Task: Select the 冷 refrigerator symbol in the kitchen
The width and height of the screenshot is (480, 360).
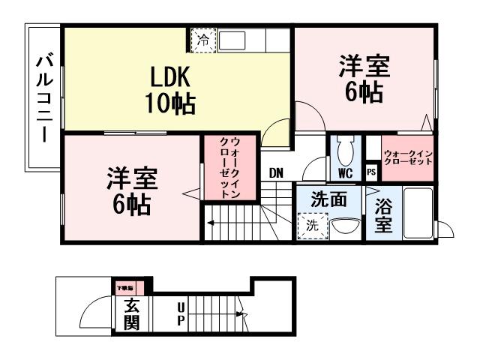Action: (x=202, y=40)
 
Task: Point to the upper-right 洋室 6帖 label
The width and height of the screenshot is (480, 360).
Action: (x=364, y=79)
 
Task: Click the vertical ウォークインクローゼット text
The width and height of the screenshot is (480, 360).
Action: (x=229, y=167)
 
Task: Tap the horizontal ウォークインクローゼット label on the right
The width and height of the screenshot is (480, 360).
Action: (x=408, y=157)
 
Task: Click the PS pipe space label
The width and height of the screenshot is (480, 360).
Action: (x=370, y=172)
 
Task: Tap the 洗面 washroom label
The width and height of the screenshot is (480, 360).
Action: (x=328, y=200)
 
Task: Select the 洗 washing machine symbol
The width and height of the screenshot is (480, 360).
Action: (x=309, y=225)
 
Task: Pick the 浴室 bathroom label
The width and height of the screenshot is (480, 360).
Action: (x=382, y=216)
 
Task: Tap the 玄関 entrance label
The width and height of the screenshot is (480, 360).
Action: (x=131, y=314)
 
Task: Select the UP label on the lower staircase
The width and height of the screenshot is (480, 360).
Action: (x=180, y=314)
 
